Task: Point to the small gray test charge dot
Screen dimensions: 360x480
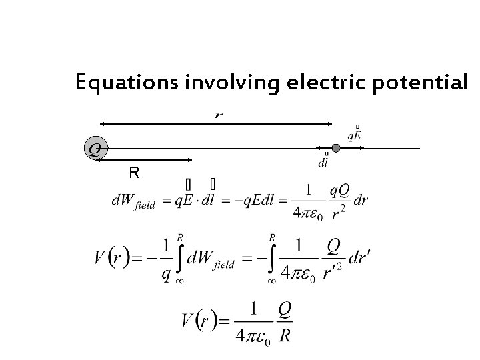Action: pos(336,148)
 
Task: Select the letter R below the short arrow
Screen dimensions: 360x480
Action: pos(133,174)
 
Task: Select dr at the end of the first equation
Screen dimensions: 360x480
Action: pos(361,200)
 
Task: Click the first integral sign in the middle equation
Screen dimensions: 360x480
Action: pos(179,256)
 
